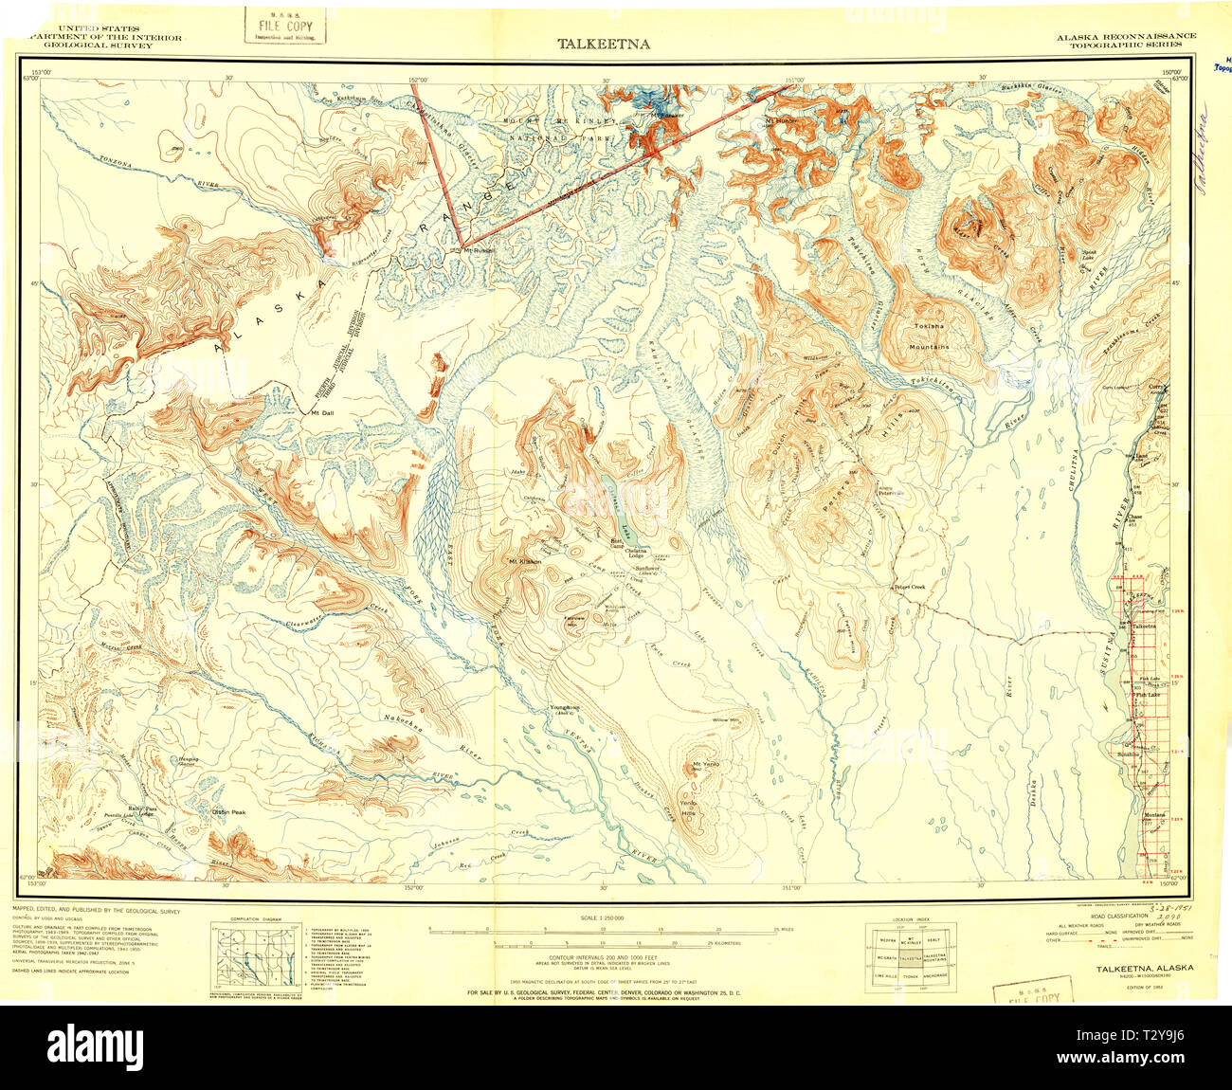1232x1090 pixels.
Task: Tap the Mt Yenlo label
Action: (x=706, y=764)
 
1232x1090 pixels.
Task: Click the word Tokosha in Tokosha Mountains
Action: (x=928, y=327)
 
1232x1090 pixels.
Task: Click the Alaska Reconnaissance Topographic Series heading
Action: (x=1126, y=40)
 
